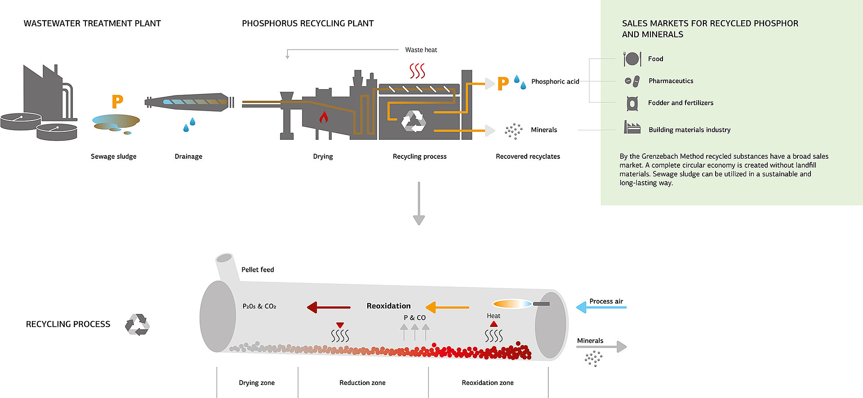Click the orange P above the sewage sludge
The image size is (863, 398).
[117, 102]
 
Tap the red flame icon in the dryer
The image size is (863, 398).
[323, 117]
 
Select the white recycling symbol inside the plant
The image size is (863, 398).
[413, 121]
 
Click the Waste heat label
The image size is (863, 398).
[421, 50]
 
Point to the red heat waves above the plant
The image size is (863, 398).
[417, 71]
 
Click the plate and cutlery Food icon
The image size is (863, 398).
[632, 59]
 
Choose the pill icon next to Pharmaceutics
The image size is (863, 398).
[632, 81]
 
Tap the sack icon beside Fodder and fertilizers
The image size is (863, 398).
[632, 103]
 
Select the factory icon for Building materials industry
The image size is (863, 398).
[632, 128]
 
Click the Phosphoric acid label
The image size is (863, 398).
[555, 81]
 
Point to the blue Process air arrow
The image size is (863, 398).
[601, 308]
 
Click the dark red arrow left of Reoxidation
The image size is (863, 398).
[329, 307]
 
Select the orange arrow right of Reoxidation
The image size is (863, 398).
[447, 307]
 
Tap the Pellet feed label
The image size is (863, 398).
[258, 269]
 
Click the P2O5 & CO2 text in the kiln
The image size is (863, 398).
[259, 306]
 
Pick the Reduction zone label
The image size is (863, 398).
[362, 383]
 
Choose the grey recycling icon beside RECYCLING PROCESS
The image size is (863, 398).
[137, 324]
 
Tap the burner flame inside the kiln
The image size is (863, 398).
[512, 304]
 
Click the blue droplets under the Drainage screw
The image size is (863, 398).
[189, 125]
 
